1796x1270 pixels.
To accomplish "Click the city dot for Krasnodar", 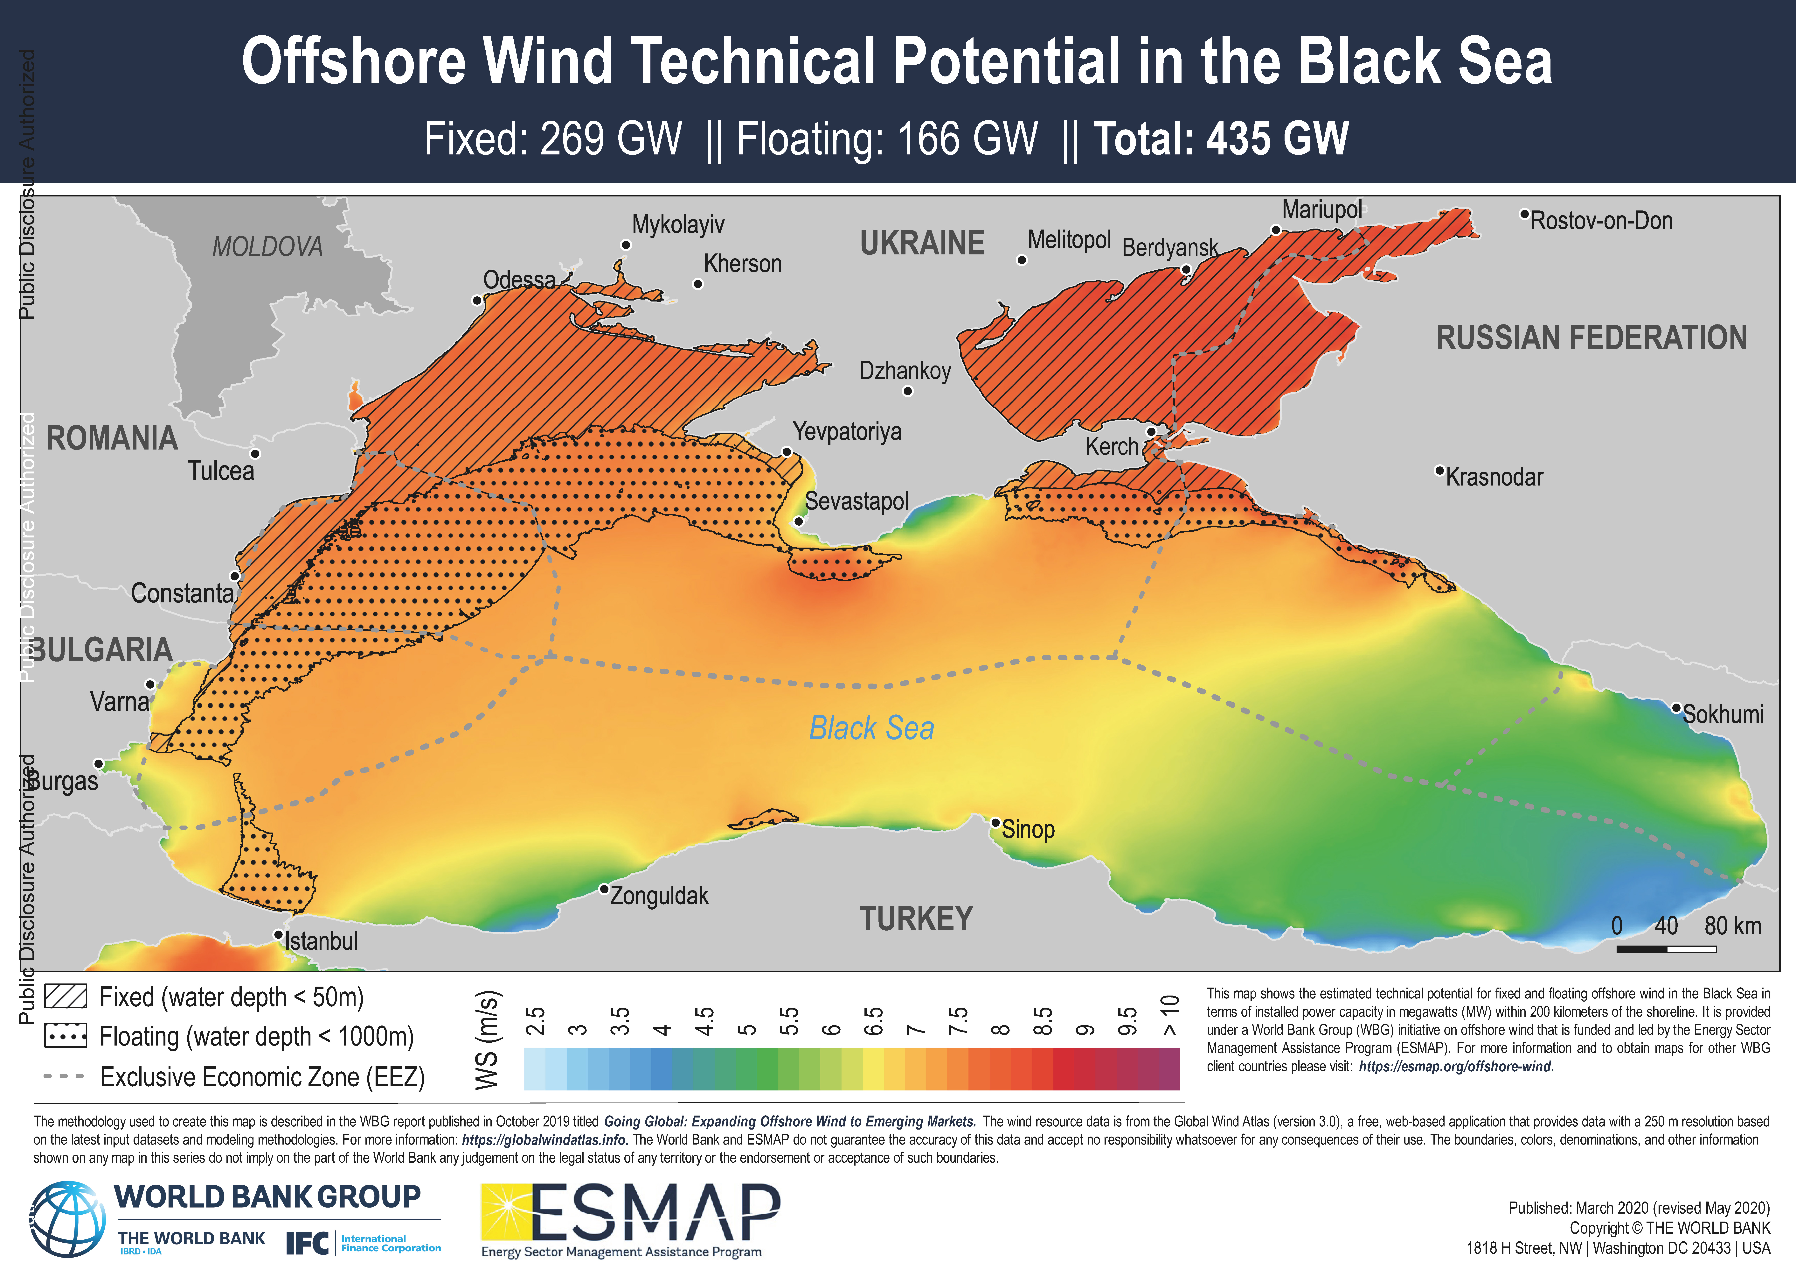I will coord(1439,471).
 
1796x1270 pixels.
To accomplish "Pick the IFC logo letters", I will coord(307,1243).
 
